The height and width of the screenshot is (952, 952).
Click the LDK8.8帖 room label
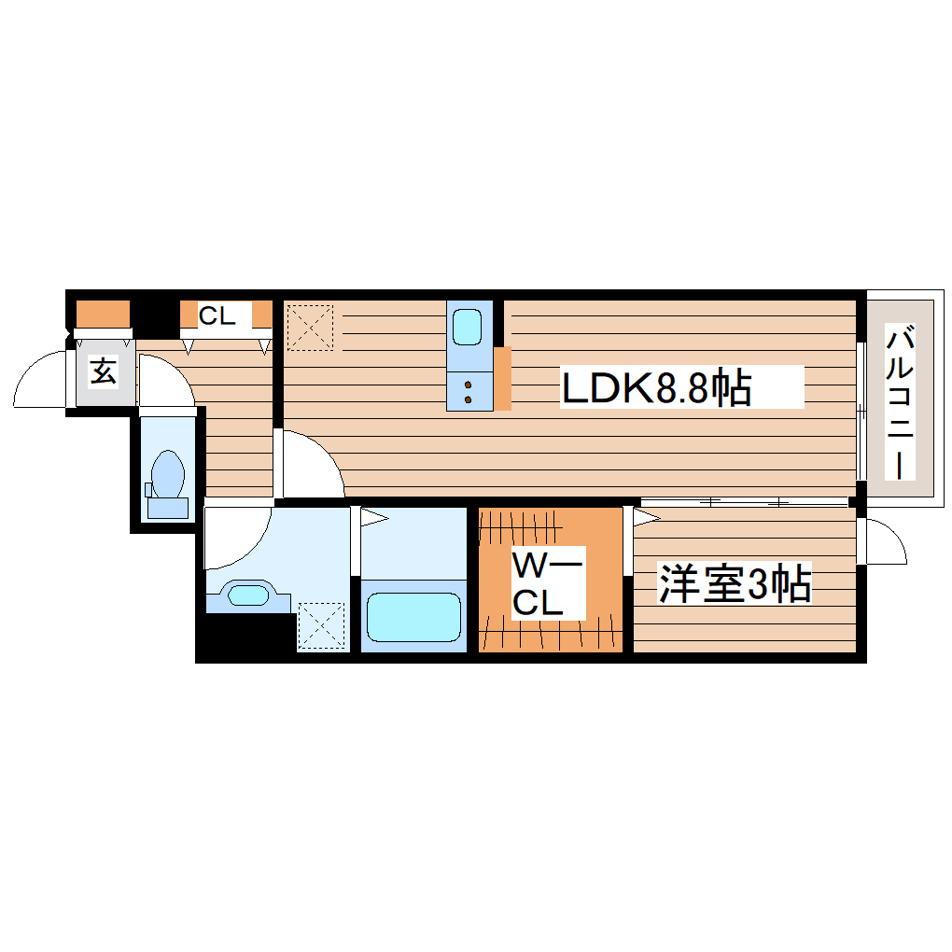[656, 386]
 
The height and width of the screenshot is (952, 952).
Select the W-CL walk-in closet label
[548, 584]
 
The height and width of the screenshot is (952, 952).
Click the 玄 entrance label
[103, 372]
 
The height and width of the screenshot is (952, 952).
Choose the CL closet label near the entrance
[217, 315]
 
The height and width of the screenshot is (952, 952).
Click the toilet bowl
[168, 473]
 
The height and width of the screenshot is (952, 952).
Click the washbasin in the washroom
[247, 595]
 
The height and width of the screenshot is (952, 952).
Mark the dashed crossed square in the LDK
[309, 327]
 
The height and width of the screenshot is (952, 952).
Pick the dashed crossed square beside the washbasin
[322, 624]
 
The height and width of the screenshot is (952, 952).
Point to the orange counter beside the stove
[502, 378]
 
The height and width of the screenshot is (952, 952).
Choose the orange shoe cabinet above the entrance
[102, 315]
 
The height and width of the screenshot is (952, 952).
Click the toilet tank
[168, 508]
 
